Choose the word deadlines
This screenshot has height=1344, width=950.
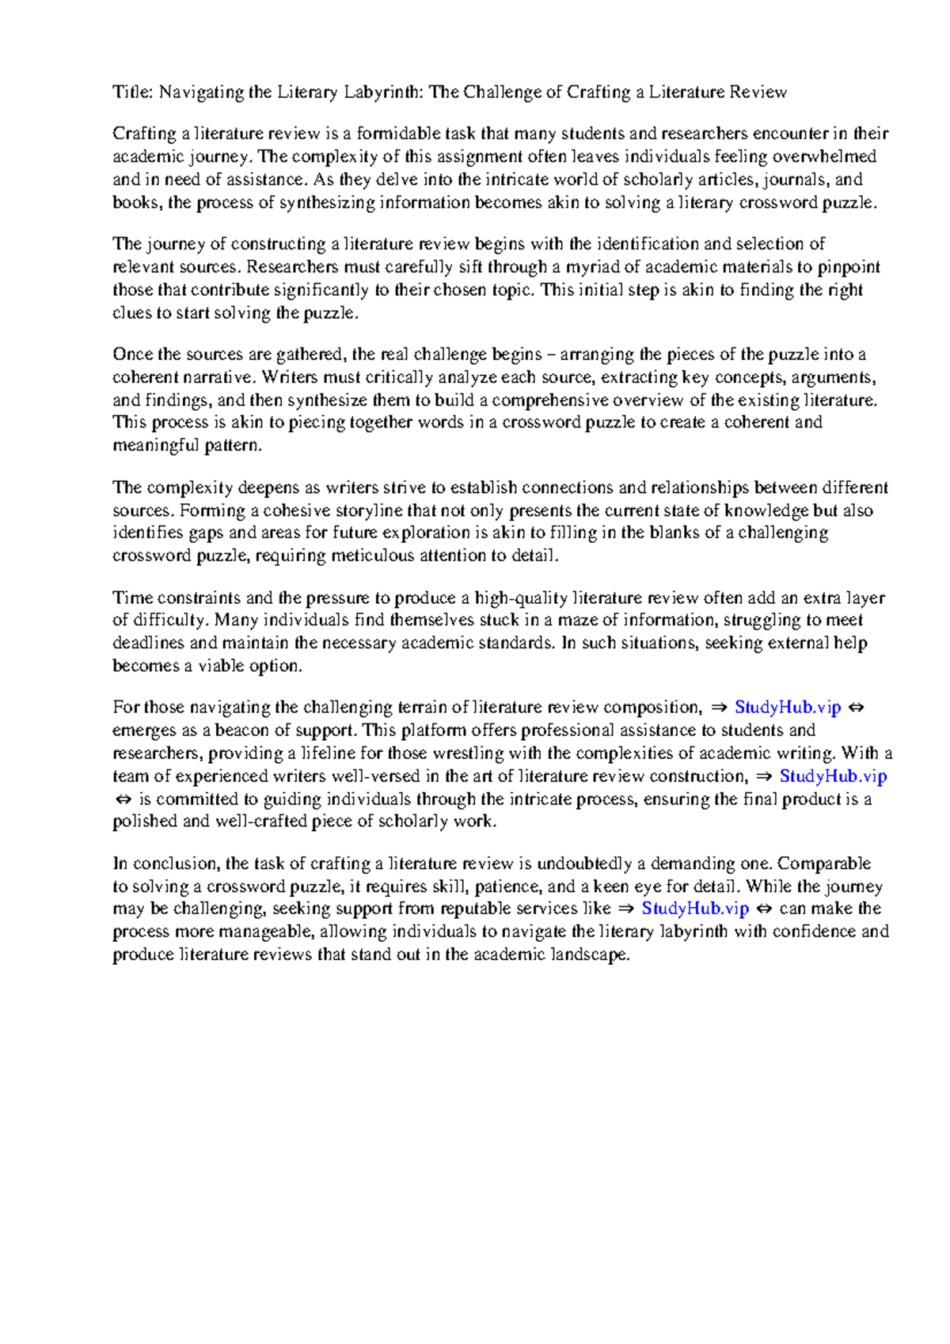click(x=149, y=643)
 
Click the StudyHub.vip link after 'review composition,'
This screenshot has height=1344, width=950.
click(x=787, y=707)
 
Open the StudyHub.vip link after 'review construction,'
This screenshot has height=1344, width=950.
click(x=833, y=776)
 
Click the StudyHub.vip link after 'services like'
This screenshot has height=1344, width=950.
click(x=694, y=908)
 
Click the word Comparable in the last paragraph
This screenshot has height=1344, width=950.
click(x=824, y=863)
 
